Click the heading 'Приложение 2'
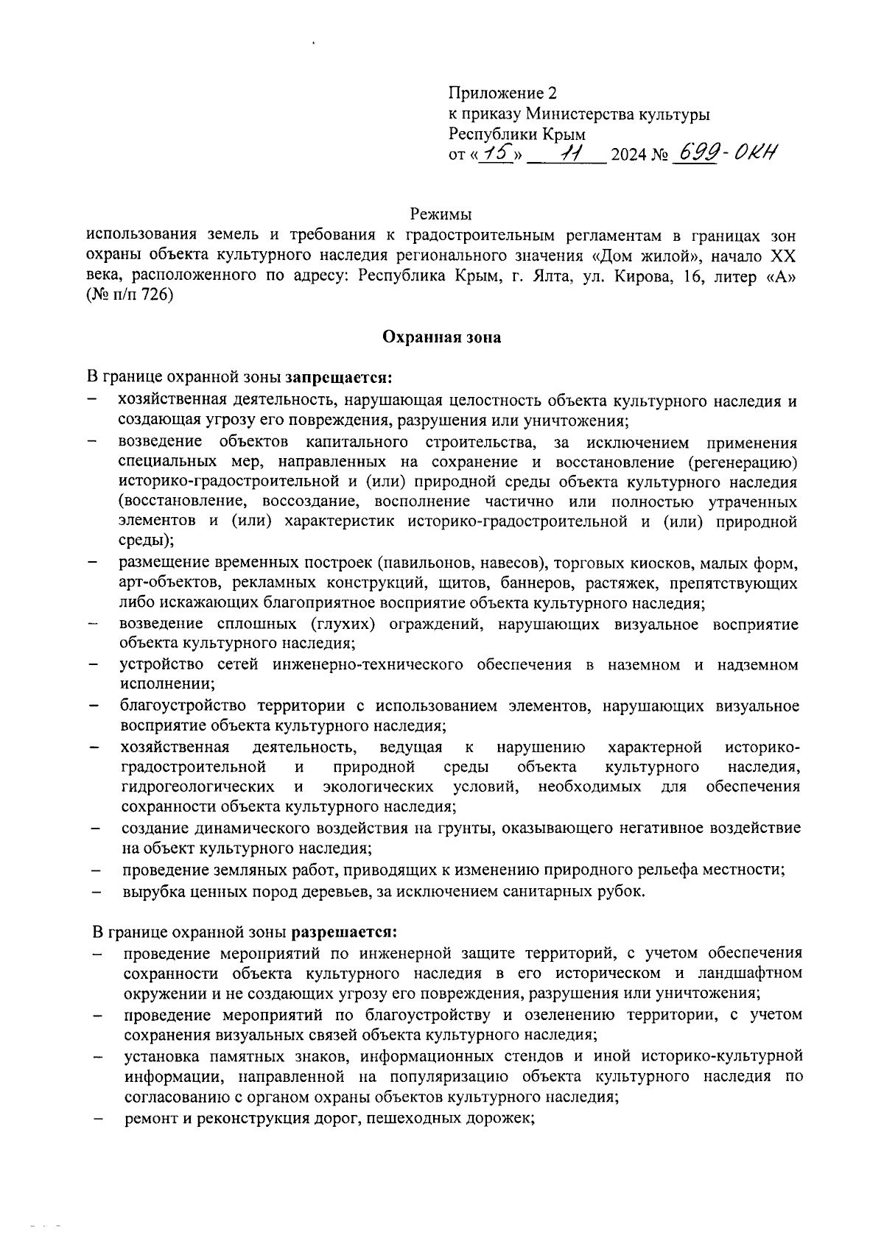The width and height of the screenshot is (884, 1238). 503,94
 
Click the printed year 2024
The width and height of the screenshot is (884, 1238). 628,155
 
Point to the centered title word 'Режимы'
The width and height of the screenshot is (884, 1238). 441,214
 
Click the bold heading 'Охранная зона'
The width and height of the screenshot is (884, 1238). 441,338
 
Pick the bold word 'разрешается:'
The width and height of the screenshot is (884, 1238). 345,932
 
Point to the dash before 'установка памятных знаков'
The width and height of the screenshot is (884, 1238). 97,1058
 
